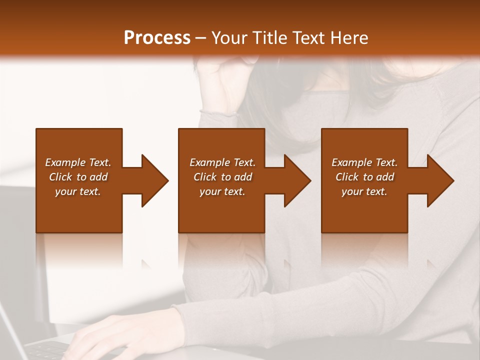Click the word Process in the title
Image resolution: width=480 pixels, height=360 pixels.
157,38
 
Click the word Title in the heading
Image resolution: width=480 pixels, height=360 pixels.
268,38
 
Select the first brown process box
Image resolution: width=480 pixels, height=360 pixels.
79,210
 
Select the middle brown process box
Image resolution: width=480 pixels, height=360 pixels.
221,210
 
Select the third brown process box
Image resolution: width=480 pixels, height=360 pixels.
364,210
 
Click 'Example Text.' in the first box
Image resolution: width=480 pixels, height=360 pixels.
78,162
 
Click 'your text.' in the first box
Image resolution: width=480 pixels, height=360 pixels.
78,191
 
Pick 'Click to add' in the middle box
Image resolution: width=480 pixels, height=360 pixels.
222,177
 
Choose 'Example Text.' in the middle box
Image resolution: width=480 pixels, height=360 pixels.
222,162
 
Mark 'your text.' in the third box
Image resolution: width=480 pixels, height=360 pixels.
364,191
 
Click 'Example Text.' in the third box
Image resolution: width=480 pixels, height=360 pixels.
364,162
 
